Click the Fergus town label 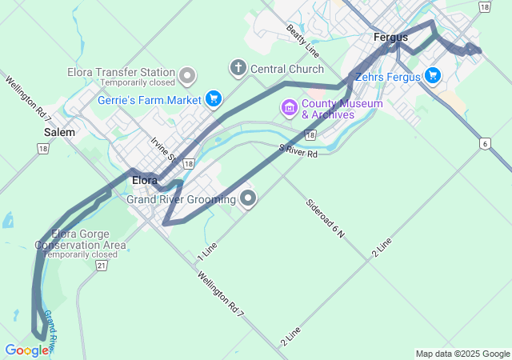(x=390, y=37)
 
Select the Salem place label (x=60, y=132)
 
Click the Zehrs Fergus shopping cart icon (x=433, y=75)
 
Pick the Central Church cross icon (x=238, y=67)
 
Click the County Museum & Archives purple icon (x=288, y=106)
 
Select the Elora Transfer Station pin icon (x=188, y=76)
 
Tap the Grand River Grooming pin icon (x=248, y=198)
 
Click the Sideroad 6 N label (x=325, y=218)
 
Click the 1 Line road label (x=207, y=250)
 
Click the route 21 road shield (x=101, y=265)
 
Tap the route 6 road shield (x=485, y=143)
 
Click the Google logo (x=26, y=350)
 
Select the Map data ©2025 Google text (x=462, y=354)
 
